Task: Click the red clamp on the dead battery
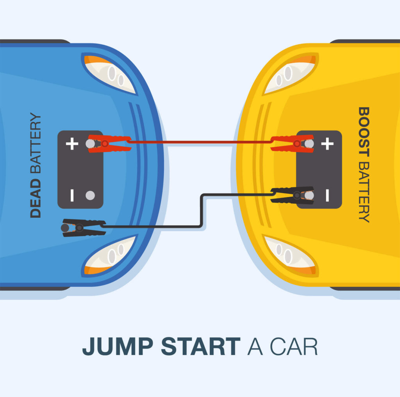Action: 110,144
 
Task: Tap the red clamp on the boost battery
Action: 292,144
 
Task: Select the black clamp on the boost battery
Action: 292,195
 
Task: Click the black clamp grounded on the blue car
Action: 84,228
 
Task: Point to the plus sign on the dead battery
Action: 72,144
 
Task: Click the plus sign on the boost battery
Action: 327,144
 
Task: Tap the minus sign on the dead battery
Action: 72,195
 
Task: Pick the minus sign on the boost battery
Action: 327,195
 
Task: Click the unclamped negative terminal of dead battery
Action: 90,195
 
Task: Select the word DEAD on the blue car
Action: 36,198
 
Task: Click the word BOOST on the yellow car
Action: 364,132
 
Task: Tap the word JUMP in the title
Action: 118,346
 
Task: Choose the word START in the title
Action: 201,346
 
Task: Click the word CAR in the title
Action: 294,347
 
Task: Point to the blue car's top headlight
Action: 110,74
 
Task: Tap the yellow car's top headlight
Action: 291,74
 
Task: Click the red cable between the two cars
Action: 201,142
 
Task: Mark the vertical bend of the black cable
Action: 202,210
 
